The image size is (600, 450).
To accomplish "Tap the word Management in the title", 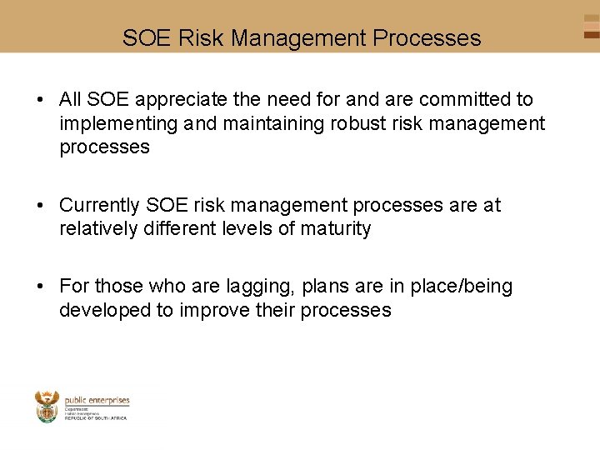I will (x=299, y=38).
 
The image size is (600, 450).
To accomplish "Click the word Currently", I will (x=100, y=205).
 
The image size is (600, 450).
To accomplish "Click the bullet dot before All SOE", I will (x=40, y=101).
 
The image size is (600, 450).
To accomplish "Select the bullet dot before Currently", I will (x=40, y=206).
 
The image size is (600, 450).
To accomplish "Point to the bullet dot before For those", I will (x=40, y=287).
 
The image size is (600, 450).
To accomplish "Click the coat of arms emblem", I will (x=47, y=406).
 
